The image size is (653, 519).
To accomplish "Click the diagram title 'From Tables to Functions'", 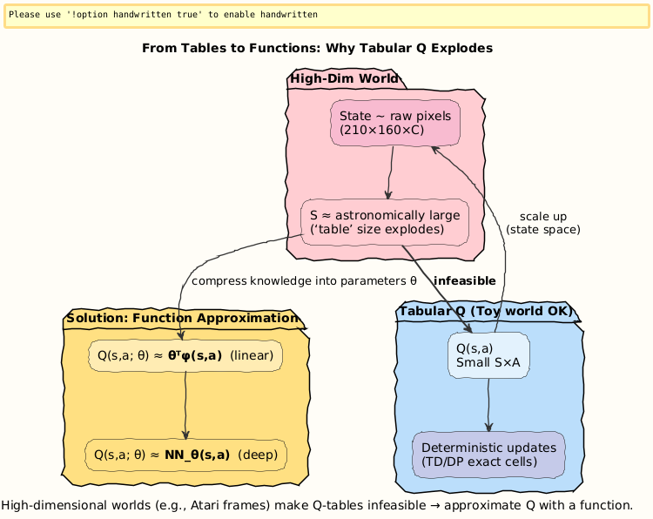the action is click(317, 48).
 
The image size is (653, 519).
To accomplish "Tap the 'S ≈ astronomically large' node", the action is click(385, 223).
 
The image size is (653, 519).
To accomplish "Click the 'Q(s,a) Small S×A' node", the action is click(488, 356).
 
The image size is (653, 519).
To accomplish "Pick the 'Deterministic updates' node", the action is click(488, 455).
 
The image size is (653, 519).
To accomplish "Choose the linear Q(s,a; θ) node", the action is click(185, 355).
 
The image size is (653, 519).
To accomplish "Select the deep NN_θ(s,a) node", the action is click(185, 455).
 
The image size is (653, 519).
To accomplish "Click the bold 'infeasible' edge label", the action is click(464, 281).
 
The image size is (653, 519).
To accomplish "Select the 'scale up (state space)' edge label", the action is click(542, 223).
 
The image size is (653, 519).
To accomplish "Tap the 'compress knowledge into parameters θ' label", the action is click(304, 281).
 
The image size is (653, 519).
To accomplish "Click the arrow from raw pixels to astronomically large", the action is click(391, 172).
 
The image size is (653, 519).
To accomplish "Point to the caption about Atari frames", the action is click(317, 505).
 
